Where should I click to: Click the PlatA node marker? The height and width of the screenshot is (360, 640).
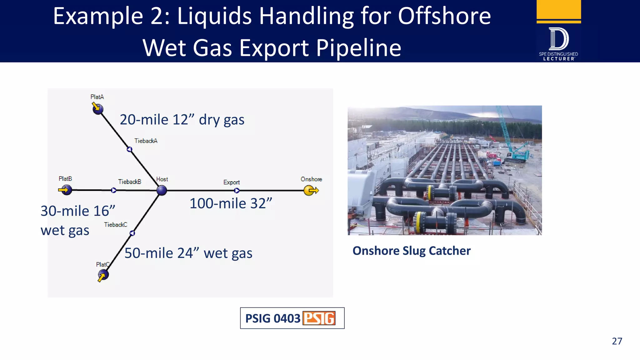(98, 109)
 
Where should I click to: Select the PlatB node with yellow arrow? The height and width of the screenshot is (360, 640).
(66, 190)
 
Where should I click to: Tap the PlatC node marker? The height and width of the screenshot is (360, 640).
(103, 275)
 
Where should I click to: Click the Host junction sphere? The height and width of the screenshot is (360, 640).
(162, 190)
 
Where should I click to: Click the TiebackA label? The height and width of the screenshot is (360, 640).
(146, 141)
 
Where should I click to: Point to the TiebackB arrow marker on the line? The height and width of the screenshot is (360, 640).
(114, 190)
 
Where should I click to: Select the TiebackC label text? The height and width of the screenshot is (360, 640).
(116, 225)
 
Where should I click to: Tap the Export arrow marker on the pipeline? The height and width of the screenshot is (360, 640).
(237, 190)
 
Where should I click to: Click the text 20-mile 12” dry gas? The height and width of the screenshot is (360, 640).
(182, 120)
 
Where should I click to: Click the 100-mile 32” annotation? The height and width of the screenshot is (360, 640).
(231, 203)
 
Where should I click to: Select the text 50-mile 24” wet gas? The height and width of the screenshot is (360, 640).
(188, 253)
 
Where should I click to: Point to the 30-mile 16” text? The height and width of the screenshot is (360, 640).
(78, 211)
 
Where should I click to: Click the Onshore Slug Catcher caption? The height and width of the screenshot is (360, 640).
(411, 251)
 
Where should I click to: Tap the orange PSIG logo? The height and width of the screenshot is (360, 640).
(319, 318)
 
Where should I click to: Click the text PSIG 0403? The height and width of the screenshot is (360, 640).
(272, 318)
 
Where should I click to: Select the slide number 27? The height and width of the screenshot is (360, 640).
(617, 341)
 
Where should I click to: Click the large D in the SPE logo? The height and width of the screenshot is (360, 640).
(559, 39)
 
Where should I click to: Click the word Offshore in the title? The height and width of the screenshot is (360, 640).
(444, 16)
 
